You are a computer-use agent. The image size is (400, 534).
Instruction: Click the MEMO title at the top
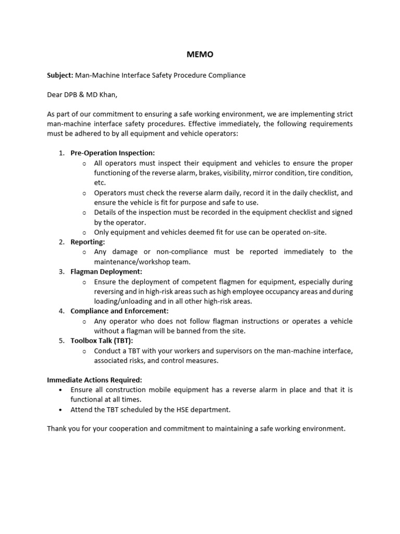tap(200, 54)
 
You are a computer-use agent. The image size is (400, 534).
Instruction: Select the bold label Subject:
tap(60, 75)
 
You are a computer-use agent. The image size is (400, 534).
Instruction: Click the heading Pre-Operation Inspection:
tap(113, 153)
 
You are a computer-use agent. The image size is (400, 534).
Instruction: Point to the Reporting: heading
tap(88, 242)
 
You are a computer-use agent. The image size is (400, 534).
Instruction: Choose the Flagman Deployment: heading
tap(106, 272)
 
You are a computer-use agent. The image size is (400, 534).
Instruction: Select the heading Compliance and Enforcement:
tap(119, 311)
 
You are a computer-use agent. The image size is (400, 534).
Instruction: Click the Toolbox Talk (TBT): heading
tap(102, 341)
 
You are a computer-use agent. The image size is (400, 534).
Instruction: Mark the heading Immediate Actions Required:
tap(94, 380)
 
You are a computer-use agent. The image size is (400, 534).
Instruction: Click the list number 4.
tap(61, 311)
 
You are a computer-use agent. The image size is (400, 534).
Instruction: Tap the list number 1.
tap(61, 153)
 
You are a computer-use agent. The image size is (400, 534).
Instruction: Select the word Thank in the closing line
tap(57, 429)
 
